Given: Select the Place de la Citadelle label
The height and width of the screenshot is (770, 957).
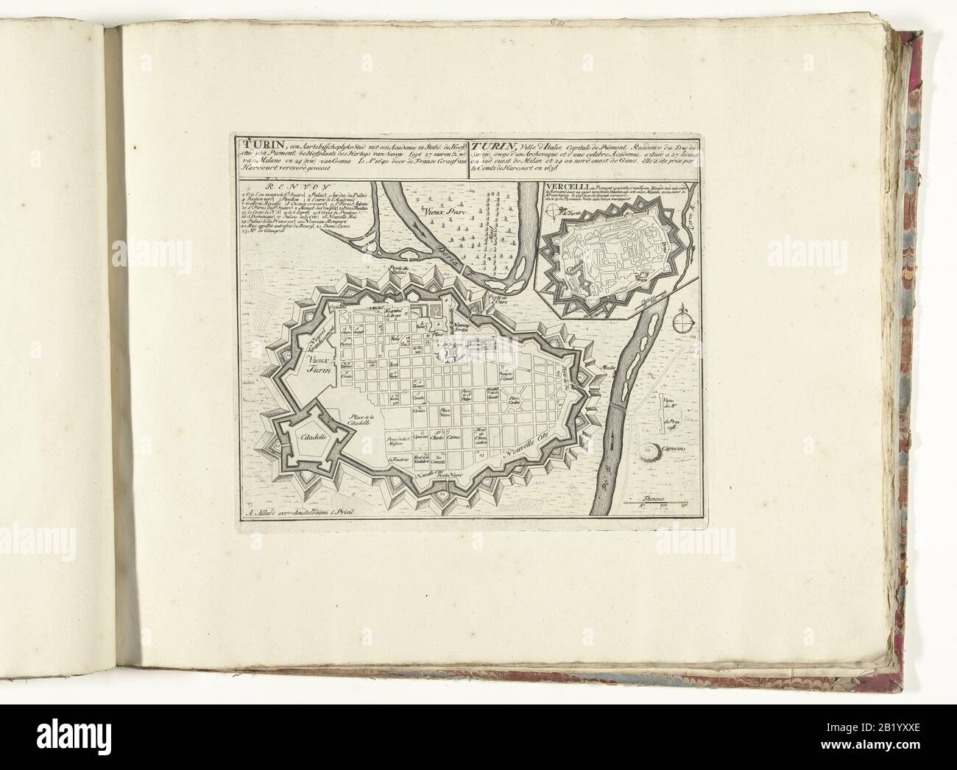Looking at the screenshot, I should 362,422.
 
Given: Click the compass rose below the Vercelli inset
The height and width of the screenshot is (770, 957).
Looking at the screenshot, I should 682,321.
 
